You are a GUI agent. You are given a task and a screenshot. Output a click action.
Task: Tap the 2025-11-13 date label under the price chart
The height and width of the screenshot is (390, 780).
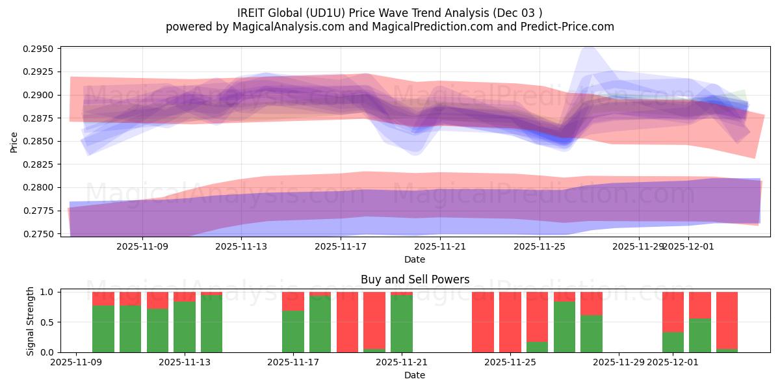tap(241, 247)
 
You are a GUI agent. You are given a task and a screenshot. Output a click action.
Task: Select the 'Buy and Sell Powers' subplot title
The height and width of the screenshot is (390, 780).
tap(415, 280)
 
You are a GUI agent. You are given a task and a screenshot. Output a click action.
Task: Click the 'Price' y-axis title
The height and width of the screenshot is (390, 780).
tap(14, 141)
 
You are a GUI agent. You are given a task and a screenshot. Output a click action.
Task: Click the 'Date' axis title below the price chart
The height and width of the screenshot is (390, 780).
tap(415, 259)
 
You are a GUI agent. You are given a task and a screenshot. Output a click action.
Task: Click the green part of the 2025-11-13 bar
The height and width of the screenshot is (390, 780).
tap(185, 327)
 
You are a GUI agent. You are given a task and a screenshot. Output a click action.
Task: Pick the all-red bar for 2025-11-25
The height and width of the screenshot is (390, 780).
tap(510, 322)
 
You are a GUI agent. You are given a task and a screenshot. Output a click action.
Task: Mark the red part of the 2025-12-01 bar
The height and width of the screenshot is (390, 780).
tap(673, 312)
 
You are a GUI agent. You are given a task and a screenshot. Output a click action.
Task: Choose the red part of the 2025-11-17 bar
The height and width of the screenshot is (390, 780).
tap(293, 301)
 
